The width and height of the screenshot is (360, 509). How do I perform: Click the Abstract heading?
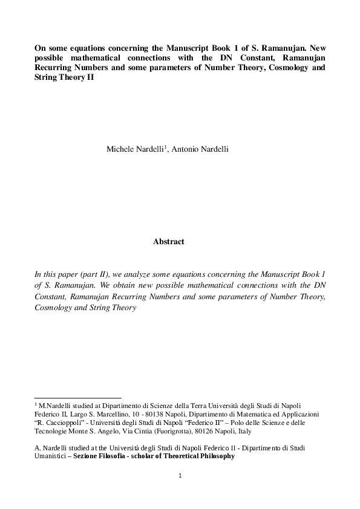coord(168,242)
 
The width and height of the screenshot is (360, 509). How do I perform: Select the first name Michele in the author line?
coord(119,149)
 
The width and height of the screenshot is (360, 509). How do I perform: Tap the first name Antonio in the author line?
coord(185,149)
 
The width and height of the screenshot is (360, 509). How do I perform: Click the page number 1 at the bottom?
coord(180,476)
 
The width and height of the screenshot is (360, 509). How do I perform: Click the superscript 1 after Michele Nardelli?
coord(165,147)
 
